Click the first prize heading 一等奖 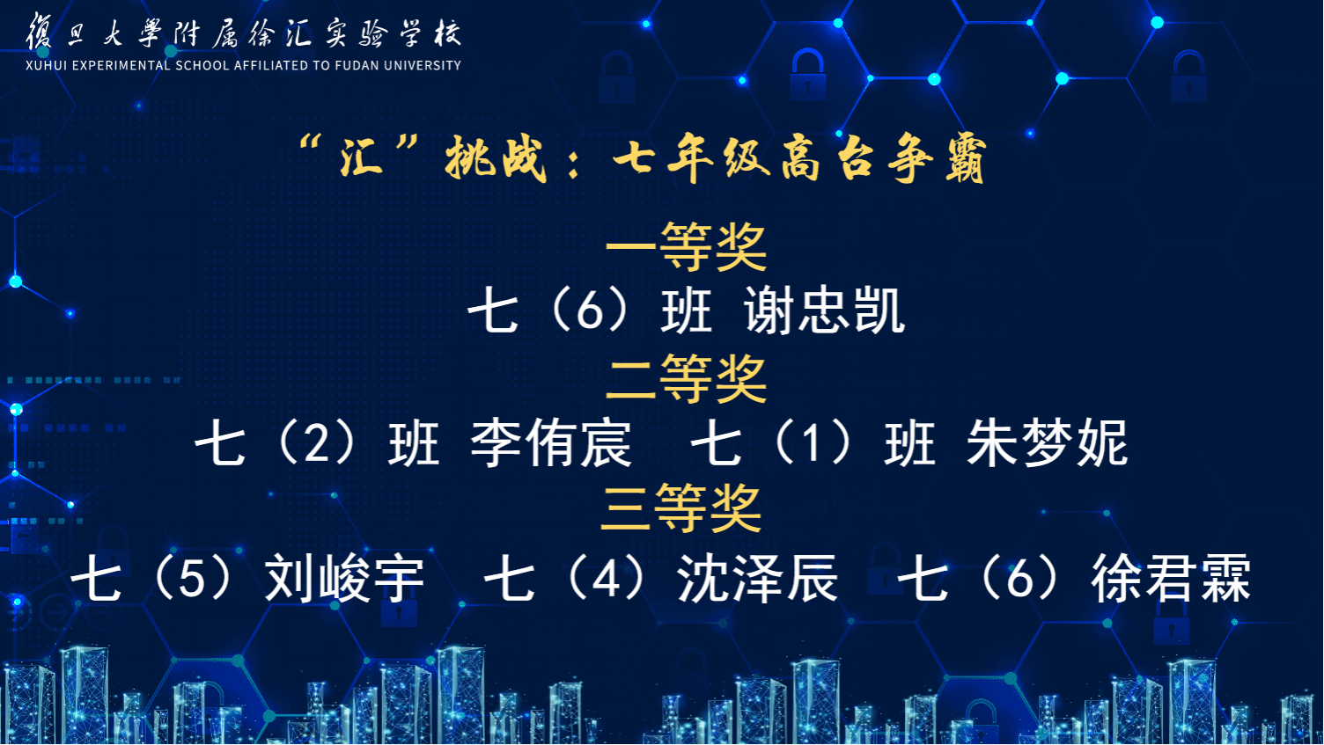tap(687, 246)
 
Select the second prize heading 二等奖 tap(687, 379)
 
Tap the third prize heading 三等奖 tap(680, 508)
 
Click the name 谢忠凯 tap(825, 310)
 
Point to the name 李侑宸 tap(551, 443)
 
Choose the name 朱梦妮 tap(1047, 443)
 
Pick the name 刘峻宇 tap(344, 578)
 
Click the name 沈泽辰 tap(757, 578)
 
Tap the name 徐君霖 tap(1171, 578)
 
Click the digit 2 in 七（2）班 tap(316, 445)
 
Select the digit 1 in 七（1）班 tap(813, 445)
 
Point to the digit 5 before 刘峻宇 tap(192, 580)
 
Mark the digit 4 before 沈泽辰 tap(606, 580)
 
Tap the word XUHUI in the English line tap(46, 66)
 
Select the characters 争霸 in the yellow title tap(937, 158)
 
